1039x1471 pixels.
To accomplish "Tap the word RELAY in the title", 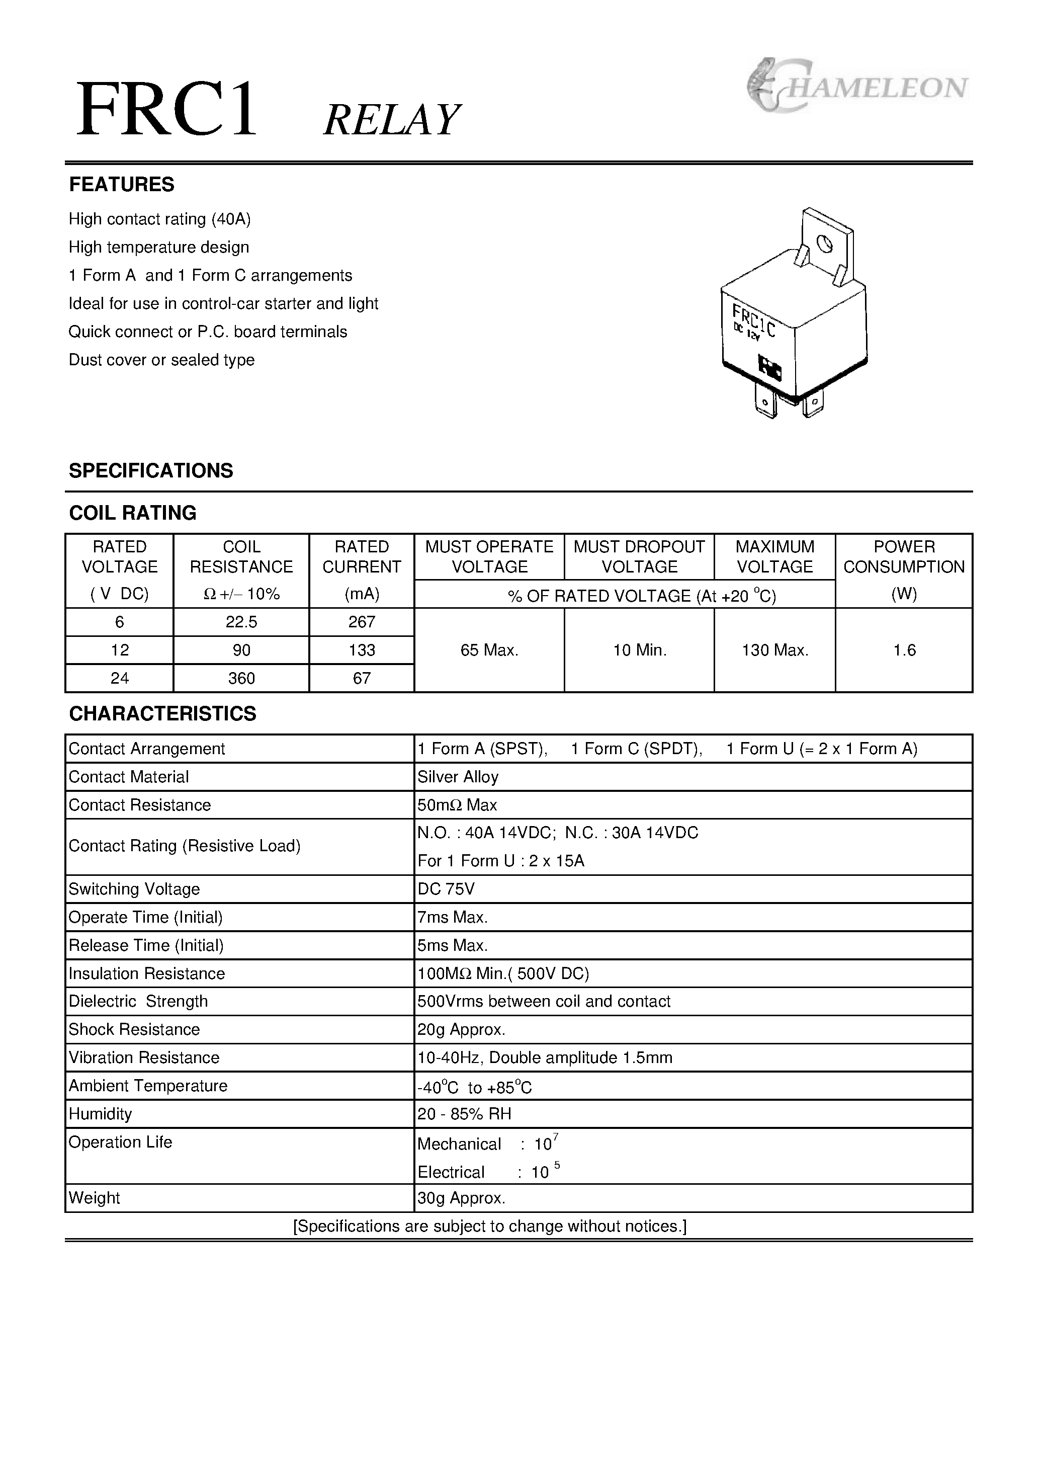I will (x=391, y=120).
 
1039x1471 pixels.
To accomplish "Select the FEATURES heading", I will (x=121, y=185).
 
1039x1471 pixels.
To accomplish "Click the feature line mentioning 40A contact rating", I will (x=159, y=219).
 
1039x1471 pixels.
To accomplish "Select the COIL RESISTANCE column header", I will (x=241, y=557).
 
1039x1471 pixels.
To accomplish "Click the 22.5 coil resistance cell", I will (x=241, y=622).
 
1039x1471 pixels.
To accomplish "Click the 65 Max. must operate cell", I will (x=489, y=650).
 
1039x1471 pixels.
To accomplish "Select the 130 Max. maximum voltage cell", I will (x=774, y=650).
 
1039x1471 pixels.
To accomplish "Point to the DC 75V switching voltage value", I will (x=446, y=889).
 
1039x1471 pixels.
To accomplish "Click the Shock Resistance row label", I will (x=134, y=1030).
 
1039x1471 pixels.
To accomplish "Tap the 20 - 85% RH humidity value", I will (x=464, y=1114).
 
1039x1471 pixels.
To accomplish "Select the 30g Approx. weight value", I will (x=461, y=1198).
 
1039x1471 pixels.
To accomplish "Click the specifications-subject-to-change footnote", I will (x=489, y=1227).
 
